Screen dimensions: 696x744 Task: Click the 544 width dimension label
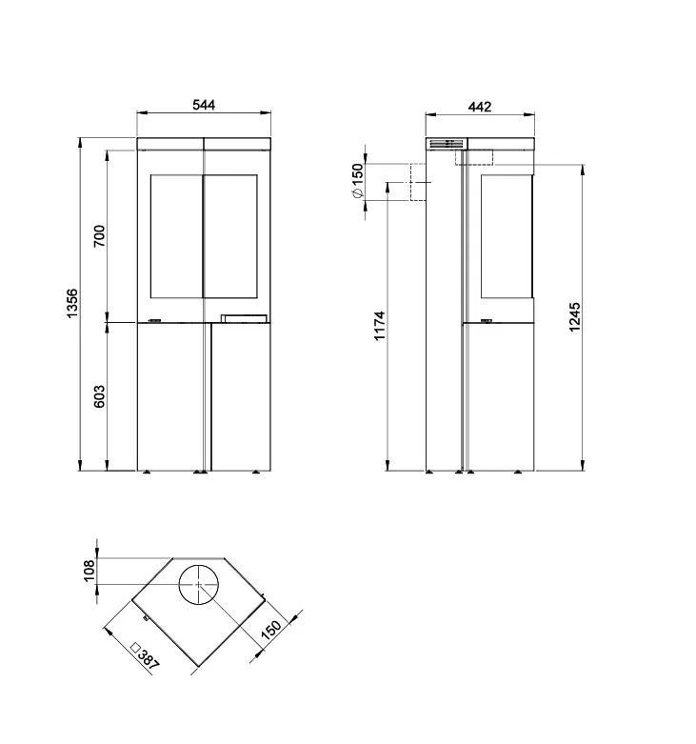coord(204,105)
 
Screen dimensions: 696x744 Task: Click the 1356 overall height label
coord(72,303)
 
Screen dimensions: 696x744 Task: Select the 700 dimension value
coord(99,236)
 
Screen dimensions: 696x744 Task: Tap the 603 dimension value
coord(99,396)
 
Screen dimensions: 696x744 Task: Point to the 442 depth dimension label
coord(480,107)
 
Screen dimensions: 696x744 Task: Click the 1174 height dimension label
coord(380,326)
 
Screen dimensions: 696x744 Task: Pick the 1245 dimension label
coord(574,317)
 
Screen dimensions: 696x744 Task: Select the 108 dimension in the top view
coord(89,571)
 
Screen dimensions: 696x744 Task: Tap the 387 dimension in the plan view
coord(146,656)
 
